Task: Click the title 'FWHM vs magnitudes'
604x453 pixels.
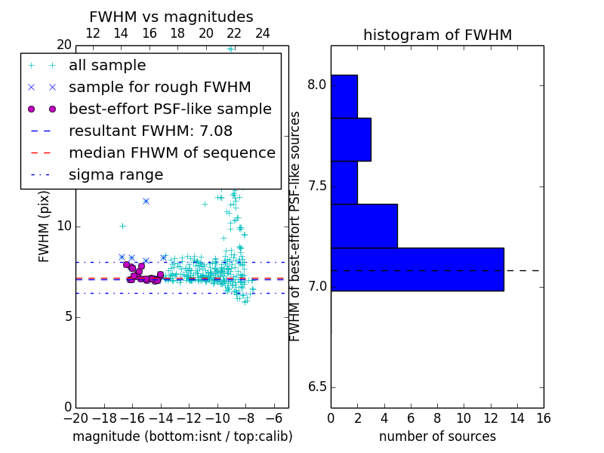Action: tap(171, 17)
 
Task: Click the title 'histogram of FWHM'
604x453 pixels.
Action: tap(437, 35)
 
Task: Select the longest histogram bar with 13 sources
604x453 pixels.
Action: tap(417, 269)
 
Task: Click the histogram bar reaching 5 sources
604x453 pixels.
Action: tap(364, 226)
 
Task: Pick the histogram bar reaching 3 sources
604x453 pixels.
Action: tap(350, 140)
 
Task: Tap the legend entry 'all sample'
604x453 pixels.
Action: tap(107, 66)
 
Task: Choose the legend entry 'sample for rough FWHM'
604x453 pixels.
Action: tap(159, 87)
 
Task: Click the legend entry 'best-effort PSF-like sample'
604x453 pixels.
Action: tap(170, 109)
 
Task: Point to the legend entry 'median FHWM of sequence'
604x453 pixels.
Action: tap(171, 153)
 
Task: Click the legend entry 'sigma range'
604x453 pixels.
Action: tap(116, 174)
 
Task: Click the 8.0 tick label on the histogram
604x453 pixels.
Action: tap(316, 85)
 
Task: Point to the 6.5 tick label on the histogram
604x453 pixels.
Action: tap(316, 387)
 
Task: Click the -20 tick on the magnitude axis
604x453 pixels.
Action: tap(75, 419)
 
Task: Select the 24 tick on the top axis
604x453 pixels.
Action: tap(263, 34)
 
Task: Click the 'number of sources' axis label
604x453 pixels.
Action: tap(437, 436)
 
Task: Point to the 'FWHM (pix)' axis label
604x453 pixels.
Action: tap(45, 226)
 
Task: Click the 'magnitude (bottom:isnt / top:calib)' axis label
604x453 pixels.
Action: tap(182, 436)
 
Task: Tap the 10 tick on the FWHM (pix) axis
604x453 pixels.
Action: tap(63, 226)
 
